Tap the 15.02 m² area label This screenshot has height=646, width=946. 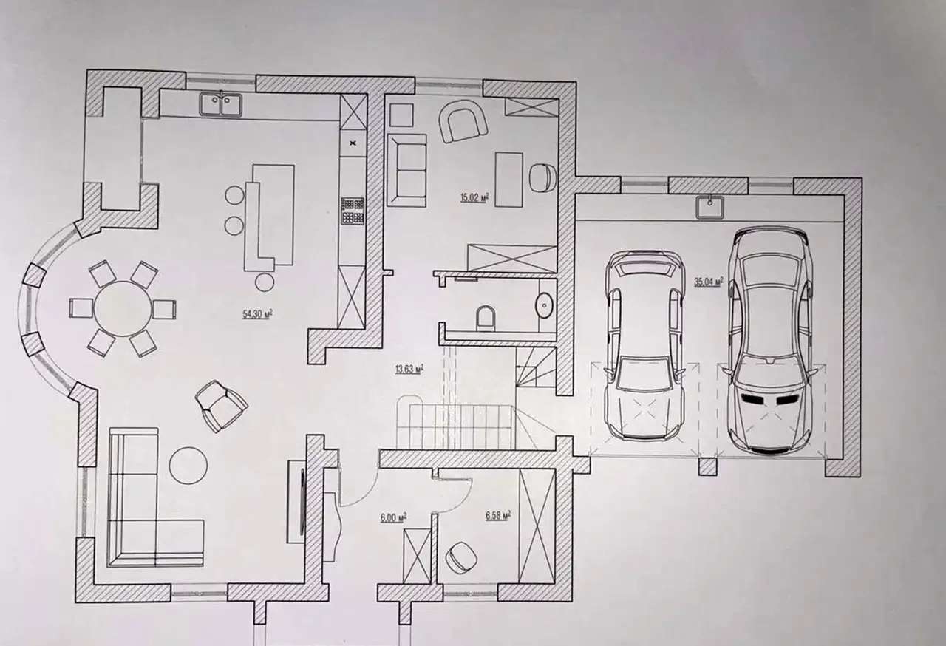click(x=474, y=197)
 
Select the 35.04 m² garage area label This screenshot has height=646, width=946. click(x=709, y=282)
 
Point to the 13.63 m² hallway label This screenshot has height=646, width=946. click(x=409, y=370)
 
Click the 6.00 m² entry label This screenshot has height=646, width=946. click(x=393, y=517)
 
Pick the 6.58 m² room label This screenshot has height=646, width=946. click(x=498, y=515)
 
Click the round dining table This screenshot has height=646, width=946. click(x=123, y=309)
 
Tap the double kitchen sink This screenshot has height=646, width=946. click(x=220, y=105)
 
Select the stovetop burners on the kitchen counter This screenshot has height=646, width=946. click(x=353, y=211)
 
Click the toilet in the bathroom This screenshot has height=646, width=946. click(x=486, y=319)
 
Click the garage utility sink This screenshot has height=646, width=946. click(x=710, y=207)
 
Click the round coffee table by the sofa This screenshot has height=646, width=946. click(x=188, y=466)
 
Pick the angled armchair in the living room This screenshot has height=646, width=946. click(x=221, y=406)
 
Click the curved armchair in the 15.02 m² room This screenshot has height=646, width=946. click(x=463, y=120)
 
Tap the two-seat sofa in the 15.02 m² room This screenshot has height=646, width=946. click(x=406, y=171)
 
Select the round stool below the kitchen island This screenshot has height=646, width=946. click(x=265, y=282)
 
